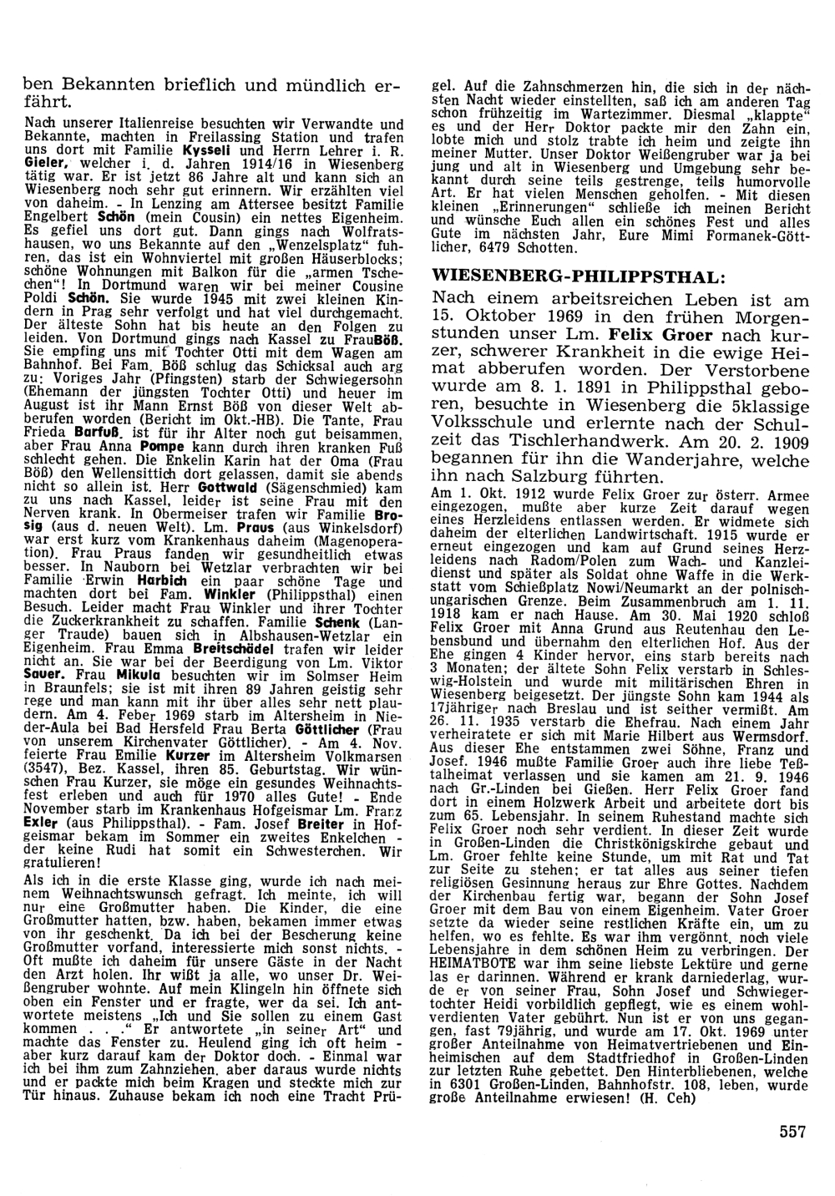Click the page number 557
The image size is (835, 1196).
792,1132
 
